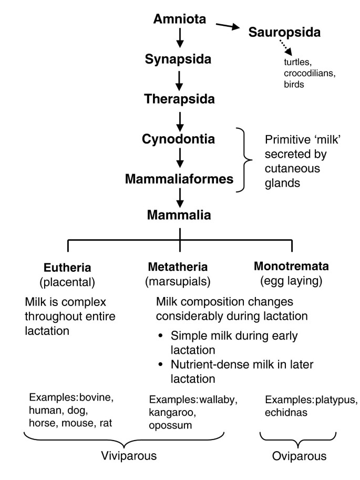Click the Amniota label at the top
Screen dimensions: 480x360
[x=180, y=19]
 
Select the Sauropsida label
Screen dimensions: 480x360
[x=284, y=33]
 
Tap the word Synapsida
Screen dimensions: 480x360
[x=179, y=59]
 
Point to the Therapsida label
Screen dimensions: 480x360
[x=179, y=98]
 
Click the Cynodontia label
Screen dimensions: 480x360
[x=179, y=139]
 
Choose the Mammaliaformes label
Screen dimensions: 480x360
[x=179, y=179]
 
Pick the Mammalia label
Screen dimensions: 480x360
[x=180, y=215]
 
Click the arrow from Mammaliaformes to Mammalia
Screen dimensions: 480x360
[x=180, y=197]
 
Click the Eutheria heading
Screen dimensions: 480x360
[x=67, y=268]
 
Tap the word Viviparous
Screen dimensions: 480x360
[x=125, y=456]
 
